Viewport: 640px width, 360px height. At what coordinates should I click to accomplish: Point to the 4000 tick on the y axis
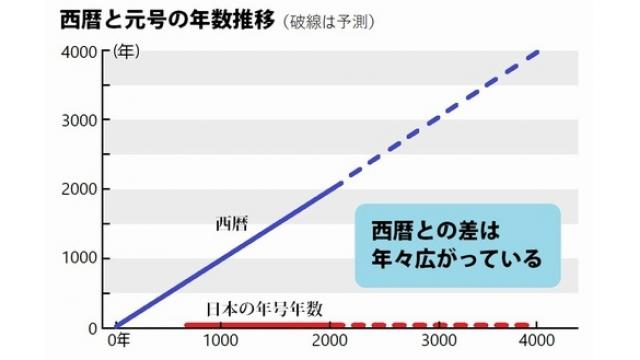(x=84, y=52)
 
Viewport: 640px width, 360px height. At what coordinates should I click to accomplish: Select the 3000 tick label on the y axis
(x=84, y=121)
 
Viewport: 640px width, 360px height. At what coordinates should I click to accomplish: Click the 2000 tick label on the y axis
(x=84, y=190)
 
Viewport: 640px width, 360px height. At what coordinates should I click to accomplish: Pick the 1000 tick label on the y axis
(x=84, y=259)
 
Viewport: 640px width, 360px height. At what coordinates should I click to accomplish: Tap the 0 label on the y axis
(x=95, y=327)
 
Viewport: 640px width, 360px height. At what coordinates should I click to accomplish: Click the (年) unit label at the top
(x=127, y=53)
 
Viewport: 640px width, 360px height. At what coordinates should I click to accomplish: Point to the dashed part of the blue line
(x=440, y=116)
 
